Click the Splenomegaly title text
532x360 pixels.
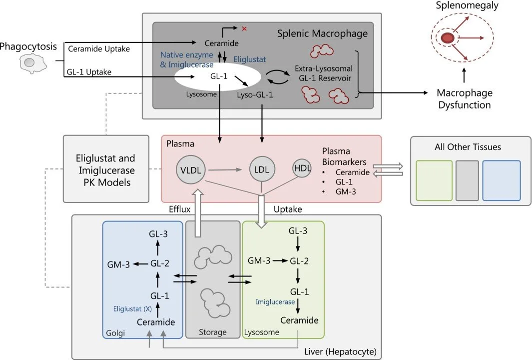460,6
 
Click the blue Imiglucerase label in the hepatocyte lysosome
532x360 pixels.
276,302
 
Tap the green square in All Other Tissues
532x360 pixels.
434,180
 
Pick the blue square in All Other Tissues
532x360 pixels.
501,180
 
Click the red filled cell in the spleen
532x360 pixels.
448,37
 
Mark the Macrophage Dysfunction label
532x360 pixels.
464,99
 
